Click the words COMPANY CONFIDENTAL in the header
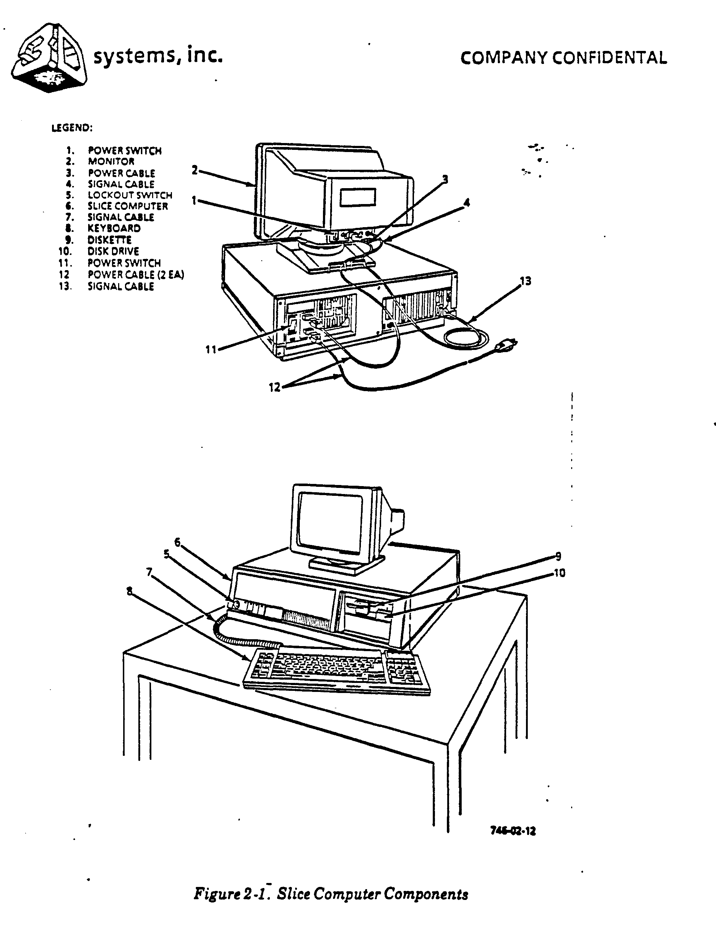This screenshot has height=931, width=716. point(564,58)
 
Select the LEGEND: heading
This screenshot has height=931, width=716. point(72,128)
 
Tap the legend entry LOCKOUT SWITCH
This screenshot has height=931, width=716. point(130,195)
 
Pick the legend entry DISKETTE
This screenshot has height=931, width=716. point(109,240)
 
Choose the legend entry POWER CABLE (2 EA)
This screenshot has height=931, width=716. point(135,275)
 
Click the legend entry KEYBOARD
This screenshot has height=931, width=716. point(114,228)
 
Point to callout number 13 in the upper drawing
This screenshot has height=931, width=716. point(526,281)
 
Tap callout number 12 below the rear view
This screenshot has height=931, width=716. point(275,387)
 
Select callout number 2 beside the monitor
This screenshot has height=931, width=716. point(194,170)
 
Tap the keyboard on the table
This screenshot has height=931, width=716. point(337,671)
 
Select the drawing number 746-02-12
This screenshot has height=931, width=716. point(513,831)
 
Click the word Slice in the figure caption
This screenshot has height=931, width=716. point(294,893)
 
